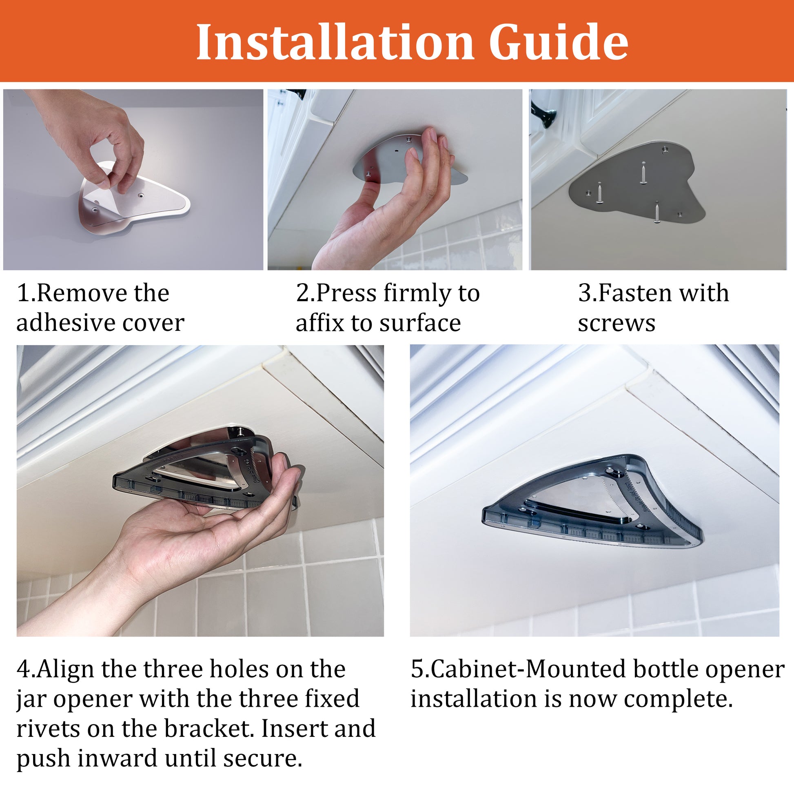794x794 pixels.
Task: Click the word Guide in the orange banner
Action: [x=559, y=42]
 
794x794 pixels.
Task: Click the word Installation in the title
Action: [x=335, y=42]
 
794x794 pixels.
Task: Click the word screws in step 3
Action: [x=617, y=324]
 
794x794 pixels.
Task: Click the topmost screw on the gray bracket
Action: [x=643, y=173]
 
